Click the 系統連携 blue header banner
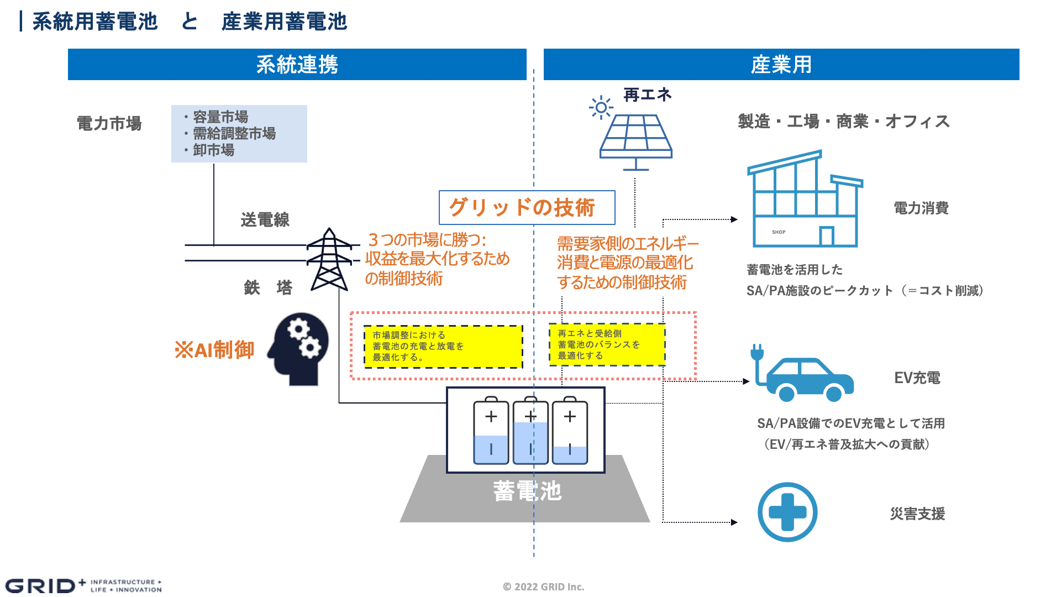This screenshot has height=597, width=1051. pos(297,65)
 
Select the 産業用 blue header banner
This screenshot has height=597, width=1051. pos(781,65)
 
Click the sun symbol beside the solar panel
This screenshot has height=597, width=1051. pos(601,107)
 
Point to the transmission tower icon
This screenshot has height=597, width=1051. pos(329,260)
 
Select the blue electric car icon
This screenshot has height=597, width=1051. pos(807,379)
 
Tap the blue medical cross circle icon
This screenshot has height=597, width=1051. pos(787,512)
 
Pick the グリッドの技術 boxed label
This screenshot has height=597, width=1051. pos(527,208)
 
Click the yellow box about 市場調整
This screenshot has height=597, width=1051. pos(443,347)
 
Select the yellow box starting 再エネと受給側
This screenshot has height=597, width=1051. pos(607,344)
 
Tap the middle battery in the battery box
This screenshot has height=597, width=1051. pos(530,432)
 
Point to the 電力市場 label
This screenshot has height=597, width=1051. pos(109,123)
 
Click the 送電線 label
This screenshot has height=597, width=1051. pos(265,220)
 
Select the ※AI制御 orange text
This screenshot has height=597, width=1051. pos(214,350)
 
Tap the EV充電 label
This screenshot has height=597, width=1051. pos(917,378)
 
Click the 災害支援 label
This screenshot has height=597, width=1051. pos(917,514)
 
